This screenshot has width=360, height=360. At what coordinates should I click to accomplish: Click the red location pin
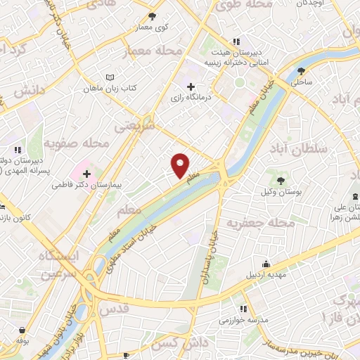pos(181,166)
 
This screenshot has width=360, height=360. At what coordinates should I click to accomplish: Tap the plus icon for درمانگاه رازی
pos(191,86)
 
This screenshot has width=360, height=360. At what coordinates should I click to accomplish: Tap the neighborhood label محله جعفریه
pos(259,223)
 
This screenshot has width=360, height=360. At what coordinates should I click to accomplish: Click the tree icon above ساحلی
pos(302,71)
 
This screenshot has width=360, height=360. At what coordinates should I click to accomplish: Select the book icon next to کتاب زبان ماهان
pos(108,77)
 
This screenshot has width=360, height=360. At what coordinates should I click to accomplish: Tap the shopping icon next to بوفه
pos(24,331)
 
